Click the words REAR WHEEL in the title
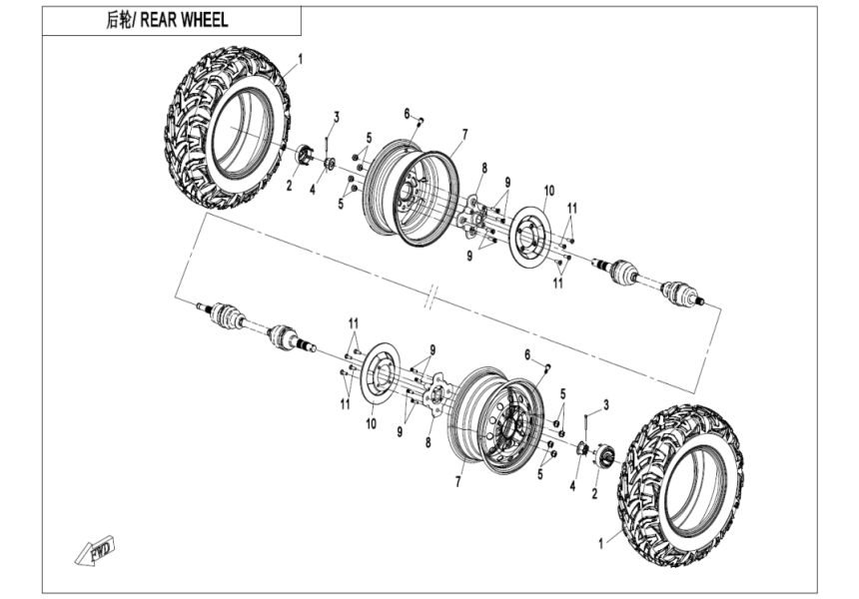(189, 21)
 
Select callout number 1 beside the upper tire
(300, 59)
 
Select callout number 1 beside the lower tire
(600, 544)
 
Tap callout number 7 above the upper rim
(464, 133)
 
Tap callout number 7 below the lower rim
(458, 481)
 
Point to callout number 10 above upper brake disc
(548, 190)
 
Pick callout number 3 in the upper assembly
(337, 117)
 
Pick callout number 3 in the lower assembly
(605, 402)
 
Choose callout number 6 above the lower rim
(526, 353)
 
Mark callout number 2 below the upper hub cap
(291, 185)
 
